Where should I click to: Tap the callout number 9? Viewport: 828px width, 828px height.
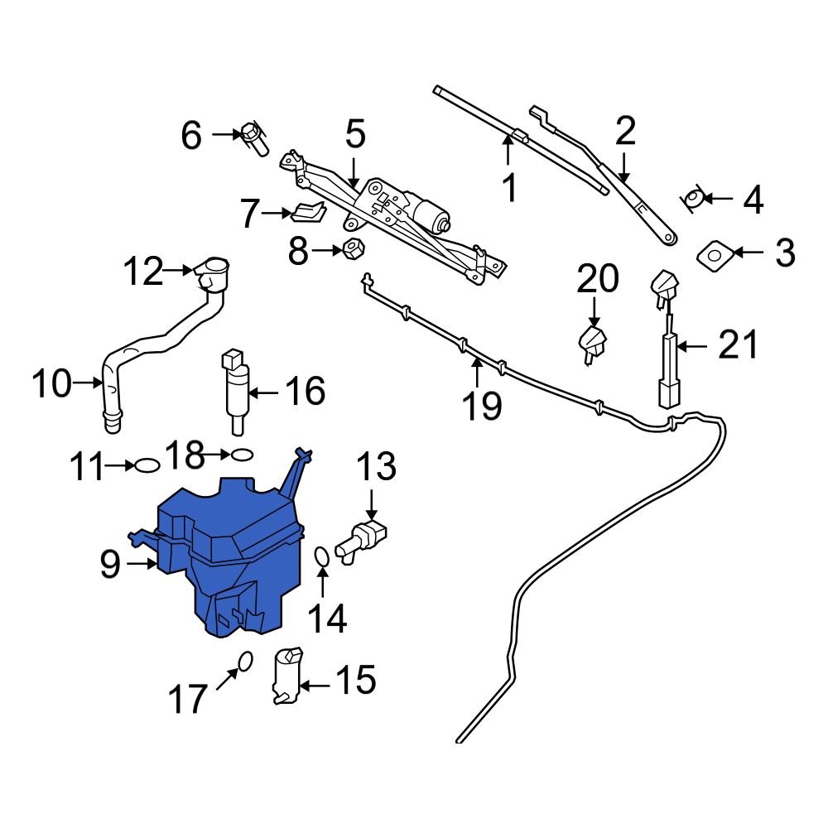pos(110,565)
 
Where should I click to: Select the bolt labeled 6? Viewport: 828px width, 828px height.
pos(253,138)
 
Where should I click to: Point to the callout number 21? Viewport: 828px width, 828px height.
pos(737,345)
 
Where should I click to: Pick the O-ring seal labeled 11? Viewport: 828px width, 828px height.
pos(146,465)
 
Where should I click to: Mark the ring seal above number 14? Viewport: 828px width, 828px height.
pos(322,561)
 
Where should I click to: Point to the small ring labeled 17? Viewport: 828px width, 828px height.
pos(244,660)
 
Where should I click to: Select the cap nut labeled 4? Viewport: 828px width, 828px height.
pos(694,198)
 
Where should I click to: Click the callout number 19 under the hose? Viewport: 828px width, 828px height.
pos(481,405)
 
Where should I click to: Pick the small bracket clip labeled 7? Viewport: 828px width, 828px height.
pos(306,213)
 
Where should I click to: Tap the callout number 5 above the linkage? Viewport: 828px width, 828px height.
pos(354,134)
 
